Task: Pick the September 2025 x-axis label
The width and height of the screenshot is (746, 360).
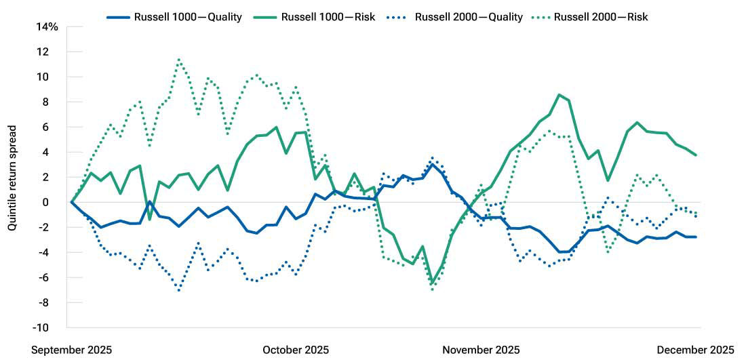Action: point(72,350)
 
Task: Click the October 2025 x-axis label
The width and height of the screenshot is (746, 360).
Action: point(296,350)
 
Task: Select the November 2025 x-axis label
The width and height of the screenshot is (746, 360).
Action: point(481,350)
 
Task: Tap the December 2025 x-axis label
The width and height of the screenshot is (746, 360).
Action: point(695,350)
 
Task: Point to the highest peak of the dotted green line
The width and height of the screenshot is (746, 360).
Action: point(178,59)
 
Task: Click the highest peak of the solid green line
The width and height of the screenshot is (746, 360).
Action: point(559,95)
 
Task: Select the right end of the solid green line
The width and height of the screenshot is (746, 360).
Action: point(696,155)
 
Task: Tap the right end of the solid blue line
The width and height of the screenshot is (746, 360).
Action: point(696,237)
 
